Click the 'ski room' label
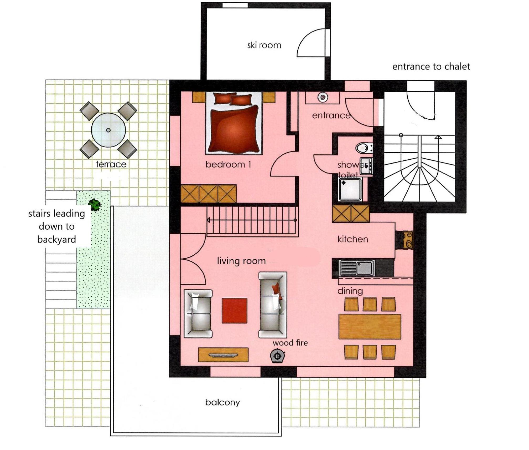coord(264,45)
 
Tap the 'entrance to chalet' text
coord(431,67)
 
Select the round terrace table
coord(108,130)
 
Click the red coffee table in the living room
coord(235,310)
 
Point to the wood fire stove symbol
coord(277,356)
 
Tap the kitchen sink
coord(357,268)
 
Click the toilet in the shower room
coord(364,148)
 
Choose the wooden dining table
coord(370,326)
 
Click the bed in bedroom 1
coord(234,123)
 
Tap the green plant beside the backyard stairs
coord(95,204)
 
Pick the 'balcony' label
coord(222,403)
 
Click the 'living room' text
coord(241,261)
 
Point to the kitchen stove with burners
coord(408,240)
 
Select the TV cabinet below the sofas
coord(223,355)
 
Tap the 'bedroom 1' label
coord(228,165)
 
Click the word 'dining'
coord(350,291)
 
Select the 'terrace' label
coord(111,164)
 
